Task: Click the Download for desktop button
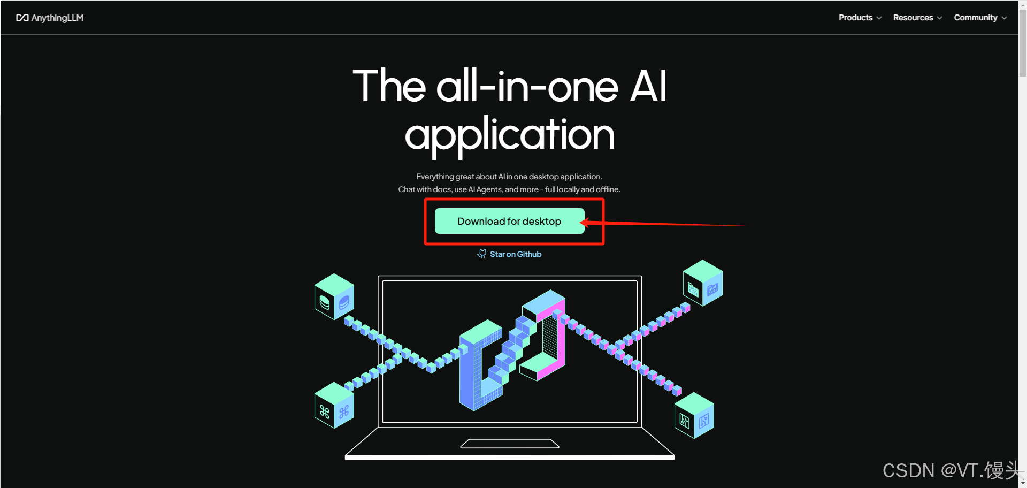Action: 509,221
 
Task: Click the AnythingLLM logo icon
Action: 22,18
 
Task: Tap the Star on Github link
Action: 516,254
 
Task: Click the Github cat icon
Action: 482,254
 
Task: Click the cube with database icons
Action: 334,297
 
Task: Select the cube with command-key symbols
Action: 334,405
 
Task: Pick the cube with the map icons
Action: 694,416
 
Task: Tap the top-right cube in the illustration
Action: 703,283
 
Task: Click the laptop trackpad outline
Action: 510,444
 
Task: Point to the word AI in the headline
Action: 648,87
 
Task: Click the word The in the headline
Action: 389,87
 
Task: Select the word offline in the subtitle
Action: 608,189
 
